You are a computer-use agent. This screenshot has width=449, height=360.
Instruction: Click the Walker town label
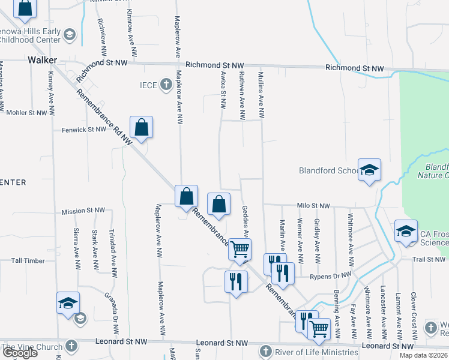tap(42, 60)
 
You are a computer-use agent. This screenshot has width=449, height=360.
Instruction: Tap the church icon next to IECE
tap(166, 85)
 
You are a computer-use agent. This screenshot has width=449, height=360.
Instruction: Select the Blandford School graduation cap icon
tap(370, 170)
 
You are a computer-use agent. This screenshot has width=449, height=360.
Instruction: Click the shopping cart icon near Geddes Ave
tap(240, 249)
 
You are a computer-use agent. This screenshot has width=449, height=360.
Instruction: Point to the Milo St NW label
tap(313, 206)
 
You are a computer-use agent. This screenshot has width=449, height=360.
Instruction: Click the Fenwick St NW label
tap(83, 130)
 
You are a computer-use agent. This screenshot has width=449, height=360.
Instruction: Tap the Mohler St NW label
tap(25, 112)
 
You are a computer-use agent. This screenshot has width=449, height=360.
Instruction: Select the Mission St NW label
tap(83, 211)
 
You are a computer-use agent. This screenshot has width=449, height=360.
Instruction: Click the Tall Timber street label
tap(28, 260)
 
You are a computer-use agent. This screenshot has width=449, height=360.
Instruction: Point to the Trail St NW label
tap(427, 259)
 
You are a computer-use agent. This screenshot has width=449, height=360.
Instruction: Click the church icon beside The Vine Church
tap(71, 346)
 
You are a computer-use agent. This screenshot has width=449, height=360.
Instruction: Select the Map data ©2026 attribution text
tap(423, 355)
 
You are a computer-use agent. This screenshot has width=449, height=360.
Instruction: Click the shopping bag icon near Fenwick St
tap(141, 128)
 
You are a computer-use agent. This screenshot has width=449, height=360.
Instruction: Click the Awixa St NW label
tap(223, 90)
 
